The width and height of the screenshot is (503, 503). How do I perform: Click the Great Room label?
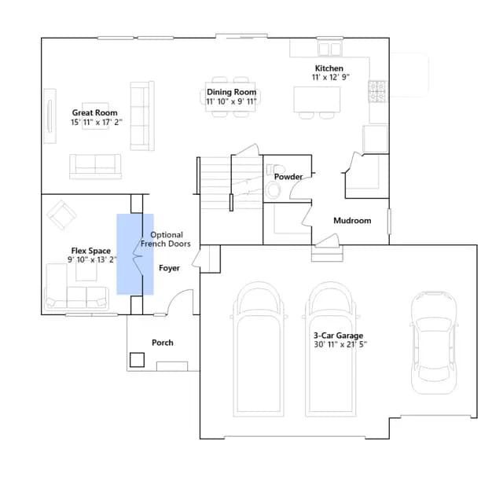(x=94, y=112)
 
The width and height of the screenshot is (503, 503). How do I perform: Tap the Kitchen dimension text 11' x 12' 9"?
(x=330, y=77)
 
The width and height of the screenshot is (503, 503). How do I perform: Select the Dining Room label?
(x=231, y=92)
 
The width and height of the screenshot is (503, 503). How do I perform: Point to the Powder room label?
(x=288, y=177)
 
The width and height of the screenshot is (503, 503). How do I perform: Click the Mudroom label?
(x=352, y=220)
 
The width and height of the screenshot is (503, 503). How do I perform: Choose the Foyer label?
(x=169, y=268)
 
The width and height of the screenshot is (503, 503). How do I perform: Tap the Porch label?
(x=163, y=343)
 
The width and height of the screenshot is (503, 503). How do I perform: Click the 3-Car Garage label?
(x=338, y=336)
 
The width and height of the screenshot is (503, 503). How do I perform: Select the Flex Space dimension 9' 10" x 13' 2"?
(x=92, y=259)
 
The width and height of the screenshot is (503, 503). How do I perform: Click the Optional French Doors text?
(x=166, y=239)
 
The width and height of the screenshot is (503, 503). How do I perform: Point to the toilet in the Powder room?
(x=275, y=168)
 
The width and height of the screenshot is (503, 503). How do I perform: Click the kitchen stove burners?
(x=377, y=91)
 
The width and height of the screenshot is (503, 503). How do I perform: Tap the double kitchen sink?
(x=330, y=49)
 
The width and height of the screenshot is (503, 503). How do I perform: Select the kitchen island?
(x=317, y=100)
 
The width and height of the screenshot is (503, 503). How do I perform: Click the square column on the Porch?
(x=137, y=360)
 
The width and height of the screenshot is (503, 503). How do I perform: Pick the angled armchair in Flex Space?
(x=61, y=215)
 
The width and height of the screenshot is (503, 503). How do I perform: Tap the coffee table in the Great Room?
(x=95, y=116)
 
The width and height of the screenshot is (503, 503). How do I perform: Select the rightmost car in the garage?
(x=434, y=343)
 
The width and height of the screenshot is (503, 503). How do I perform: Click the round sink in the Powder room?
(x=274, y=190)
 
